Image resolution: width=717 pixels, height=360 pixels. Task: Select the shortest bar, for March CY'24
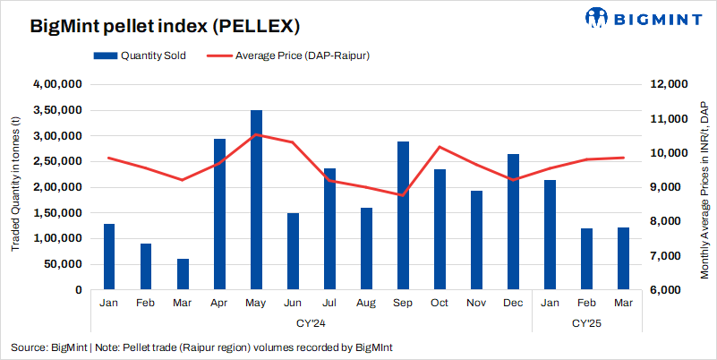(x=183, y=274)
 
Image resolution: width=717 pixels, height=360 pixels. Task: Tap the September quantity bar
(x=403, y=216)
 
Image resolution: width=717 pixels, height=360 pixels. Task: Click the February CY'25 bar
(x=586, y=259)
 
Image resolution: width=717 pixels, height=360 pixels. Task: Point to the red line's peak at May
(x=256, y=134)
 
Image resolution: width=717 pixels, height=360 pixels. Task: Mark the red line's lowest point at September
(x=403, y=195)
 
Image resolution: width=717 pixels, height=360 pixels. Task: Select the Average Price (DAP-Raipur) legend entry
(x=291, y=56)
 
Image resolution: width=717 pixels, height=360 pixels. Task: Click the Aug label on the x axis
(x=366, y=304)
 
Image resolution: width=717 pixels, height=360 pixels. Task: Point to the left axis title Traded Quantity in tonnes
(x=15, y=187)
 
